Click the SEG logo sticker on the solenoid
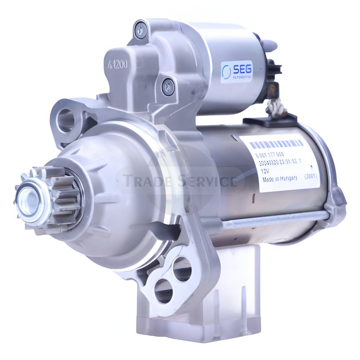pos(237,72)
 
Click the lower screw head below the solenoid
pos(168,84)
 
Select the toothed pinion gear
pos(54,198)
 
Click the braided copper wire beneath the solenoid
pos(274,108)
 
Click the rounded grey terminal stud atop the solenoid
pos(269,45)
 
